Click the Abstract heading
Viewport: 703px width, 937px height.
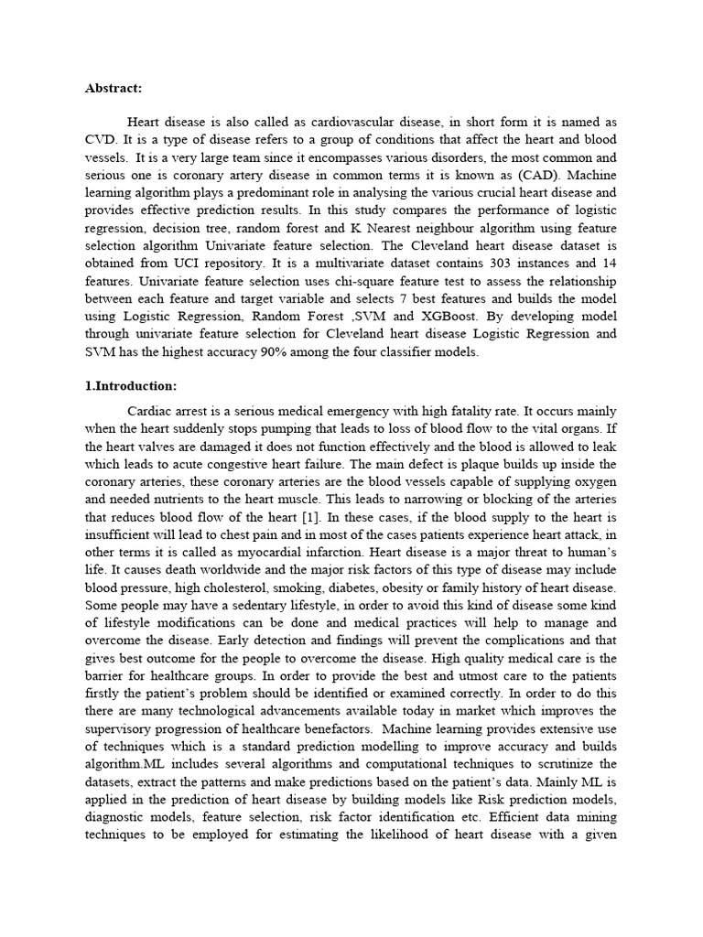114,89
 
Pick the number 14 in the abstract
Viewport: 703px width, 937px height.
609,264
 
